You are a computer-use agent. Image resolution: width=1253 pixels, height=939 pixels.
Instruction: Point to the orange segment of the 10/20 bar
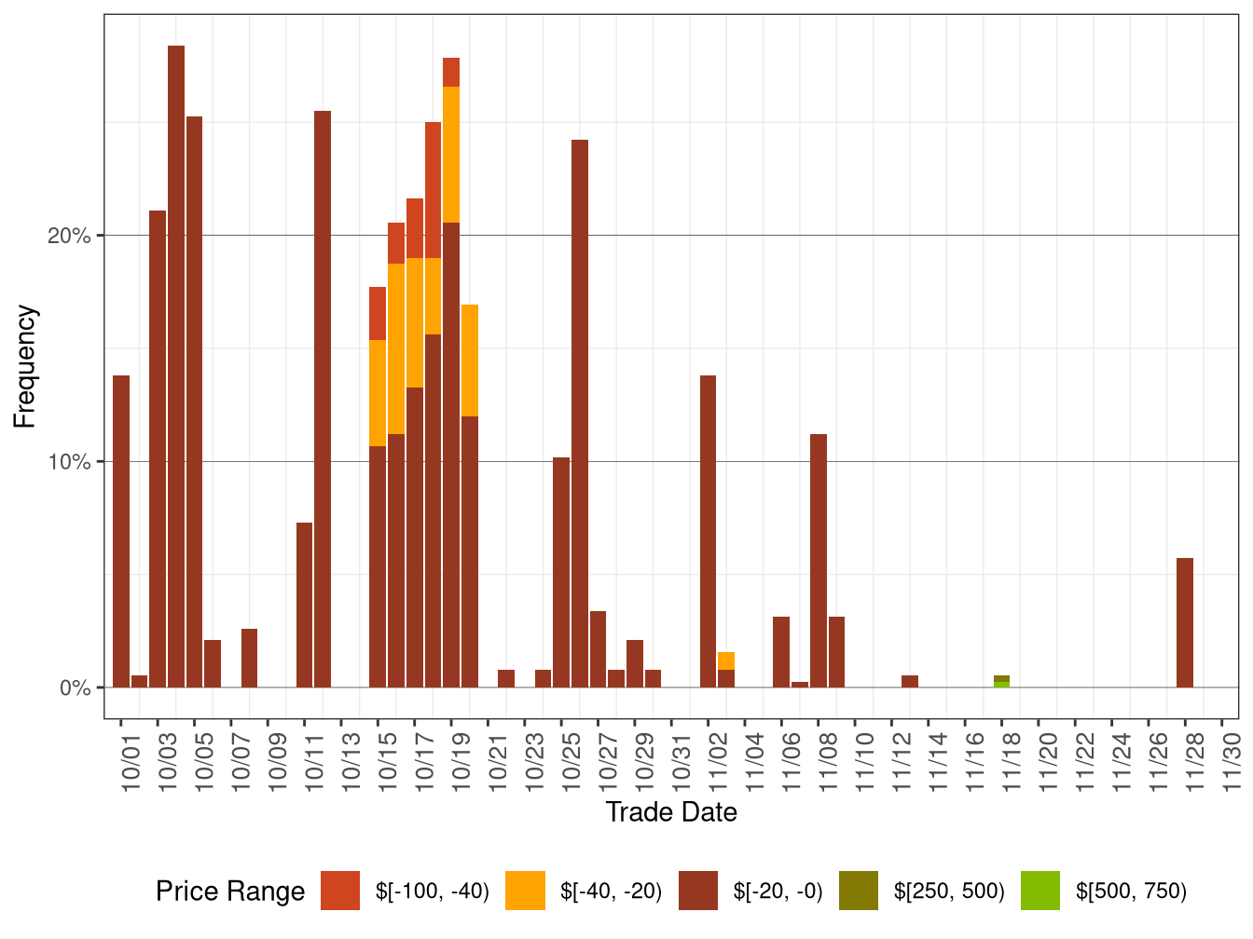click(x=470, y=361)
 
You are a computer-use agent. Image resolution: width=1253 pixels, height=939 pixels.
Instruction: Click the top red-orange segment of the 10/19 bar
click(x=451, y=72)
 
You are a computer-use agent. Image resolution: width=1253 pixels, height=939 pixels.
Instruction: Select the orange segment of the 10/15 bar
click(x=378, y=393)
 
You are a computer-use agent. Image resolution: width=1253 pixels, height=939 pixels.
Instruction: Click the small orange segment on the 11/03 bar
click(x=726, y=660)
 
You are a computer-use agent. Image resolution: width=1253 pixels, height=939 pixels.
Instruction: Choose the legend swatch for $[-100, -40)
click(x=340, y=891)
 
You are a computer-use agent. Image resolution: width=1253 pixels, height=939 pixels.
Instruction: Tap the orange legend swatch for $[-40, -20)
click(x=525, y=891)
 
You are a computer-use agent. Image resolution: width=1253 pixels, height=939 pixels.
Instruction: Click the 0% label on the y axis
click(x=75, y=688)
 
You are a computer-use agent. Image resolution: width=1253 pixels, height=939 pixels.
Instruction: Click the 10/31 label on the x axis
click(x=682, y=764)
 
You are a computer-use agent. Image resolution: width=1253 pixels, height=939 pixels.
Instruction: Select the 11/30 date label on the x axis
click(x=1232, y=764)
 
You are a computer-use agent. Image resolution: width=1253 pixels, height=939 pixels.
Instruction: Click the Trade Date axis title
click(x=671, y=812)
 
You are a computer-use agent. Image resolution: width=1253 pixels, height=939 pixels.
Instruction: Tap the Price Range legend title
click(x=230, y=891)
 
